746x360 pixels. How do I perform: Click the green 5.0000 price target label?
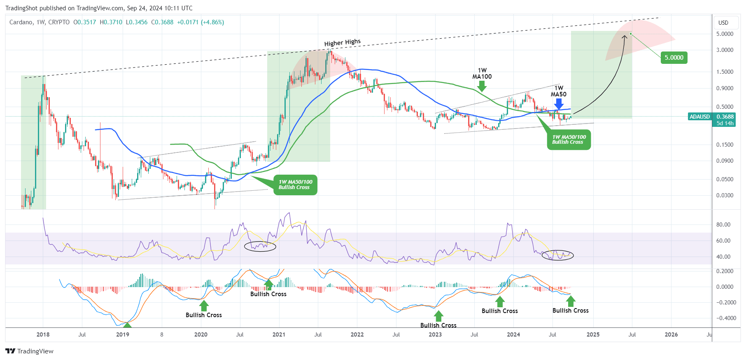(x=674, y=58)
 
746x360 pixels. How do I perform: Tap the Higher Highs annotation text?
(x=342, y=42)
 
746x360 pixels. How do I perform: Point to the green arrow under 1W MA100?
(x=482, y=86)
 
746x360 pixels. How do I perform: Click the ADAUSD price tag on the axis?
(x=699, y=117)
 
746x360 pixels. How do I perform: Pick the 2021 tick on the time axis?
(x=279, y=334)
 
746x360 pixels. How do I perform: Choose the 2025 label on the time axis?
(x=593, y=334)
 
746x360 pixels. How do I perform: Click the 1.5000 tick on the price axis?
(x=725, y=72)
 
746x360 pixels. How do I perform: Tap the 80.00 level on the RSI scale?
(x=723, y=224)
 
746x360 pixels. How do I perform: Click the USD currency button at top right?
(x=723, y=23)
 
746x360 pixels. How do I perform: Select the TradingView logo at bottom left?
(x=30, y=351)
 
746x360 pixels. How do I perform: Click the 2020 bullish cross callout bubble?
(x=295, y=185)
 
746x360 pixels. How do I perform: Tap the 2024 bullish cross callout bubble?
(x=569, y=140)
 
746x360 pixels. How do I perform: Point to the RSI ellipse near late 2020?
(x=260, y=246)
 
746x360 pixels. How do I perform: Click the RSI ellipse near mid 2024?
(x=557, y=255)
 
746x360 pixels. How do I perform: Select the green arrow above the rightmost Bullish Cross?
(x=571, y=301)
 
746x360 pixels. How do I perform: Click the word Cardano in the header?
(x=21, y=22)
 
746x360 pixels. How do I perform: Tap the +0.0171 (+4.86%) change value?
(x=200, y=22)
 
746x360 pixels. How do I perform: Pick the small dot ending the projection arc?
(x=631, y=34)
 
